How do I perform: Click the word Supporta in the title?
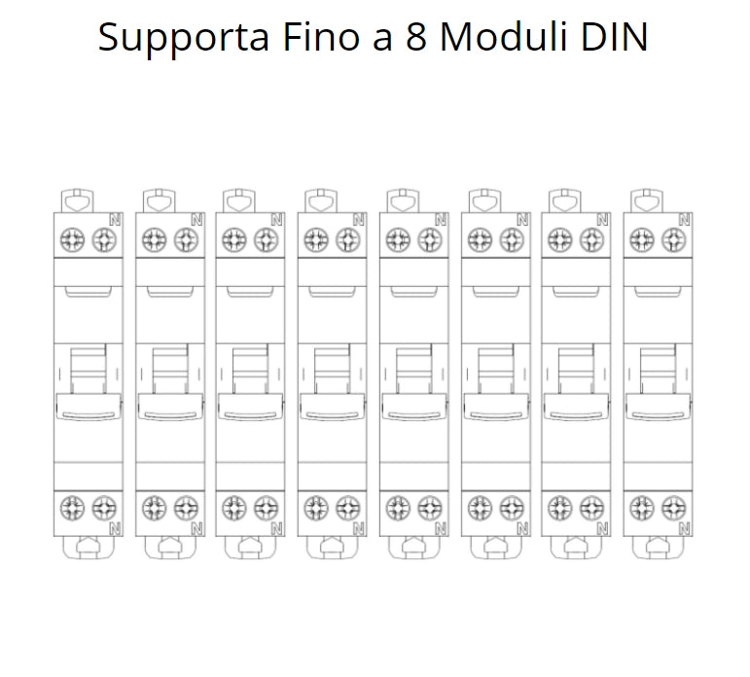[x=184, y=38]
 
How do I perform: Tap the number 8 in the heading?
[x=416, y=36]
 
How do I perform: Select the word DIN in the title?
[x=615, y=36]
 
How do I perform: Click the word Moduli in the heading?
[x=504, y=36]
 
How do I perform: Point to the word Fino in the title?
[x=321, y=36]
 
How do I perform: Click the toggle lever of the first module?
[x=89, y=407]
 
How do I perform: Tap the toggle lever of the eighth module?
[x=659, y=407]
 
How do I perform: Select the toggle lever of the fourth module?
[x=333, y=407]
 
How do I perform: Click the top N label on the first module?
[x=116, y=220]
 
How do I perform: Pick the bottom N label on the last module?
[x=685, y=528]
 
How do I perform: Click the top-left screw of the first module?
[x=72, y=239]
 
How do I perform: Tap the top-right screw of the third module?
[x=266, y=239]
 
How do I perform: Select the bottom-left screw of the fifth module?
[x=398, y=508]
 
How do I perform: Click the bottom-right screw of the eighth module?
[x=674, y=508]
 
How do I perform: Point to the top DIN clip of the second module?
[x=160, y=201]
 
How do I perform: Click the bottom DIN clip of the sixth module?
[x=496, y=548]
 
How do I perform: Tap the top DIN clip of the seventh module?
[x=565, y=201]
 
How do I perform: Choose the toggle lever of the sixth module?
[x=496, y=407]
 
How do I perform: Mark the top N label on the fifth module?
[x=441, y=220]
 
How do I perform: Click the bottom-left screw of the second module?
[x=154, y=508]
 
